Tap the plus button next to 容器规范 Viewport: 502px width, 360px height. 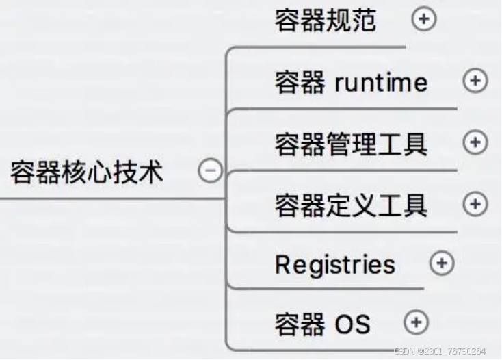423,19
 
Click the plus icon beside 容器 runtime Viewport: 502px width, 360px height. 475,81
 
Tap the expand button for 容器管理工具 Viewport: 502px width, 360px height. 475,142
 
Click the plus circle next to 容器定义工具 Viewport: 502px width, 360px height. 475,203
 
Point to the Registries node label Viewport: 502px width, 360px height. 335,265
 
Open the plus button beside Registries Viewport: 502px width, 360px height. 442,263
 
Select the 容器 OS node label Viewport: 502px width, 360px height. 322,323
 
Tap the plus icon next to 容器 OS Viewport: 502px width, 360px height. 416,322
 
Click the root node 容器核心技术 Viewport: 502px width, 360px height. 87,172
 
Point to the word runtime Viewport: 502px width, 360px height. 381,83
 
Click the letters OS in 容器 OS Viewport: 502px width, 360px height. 352,323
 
